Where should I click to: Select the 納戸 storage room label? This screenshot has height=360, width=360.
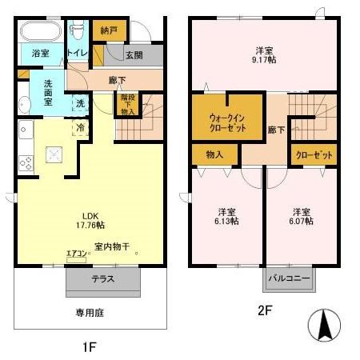[x=109, y=30]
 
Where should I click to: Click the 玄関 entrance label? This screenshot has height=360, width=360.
[x=134, y=54]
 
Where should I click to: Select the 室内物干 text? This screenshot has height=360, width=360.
[x=111, y=246]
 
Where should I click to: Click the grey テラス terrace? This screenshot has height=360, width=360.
[x=103, y=279]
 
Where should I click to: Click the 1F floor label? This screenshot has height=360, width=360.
[x=90, y=348]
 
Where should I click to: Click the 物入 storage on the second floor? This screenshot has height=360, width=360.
[x=214, y=154]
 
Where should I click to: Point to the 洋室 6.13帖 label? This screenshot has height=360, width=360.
[x=226, y=217]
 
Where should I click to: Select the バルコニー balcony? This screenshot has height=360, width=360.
[x=290, y=279]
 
